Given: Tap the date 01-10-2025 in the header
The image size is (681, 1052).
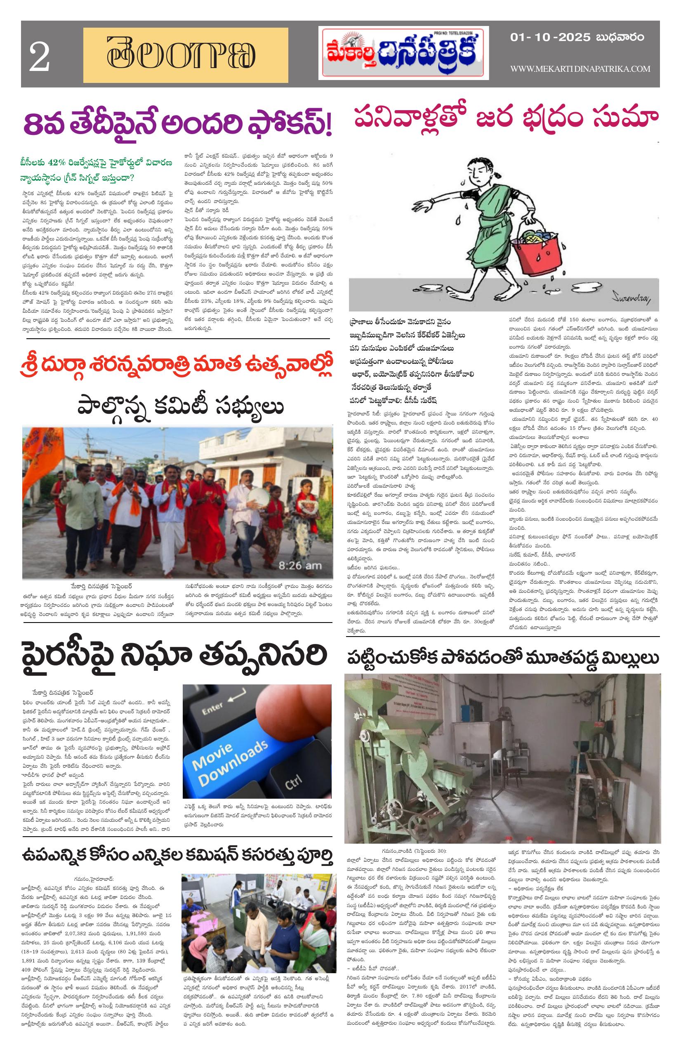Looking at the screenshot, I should tap(550, 37).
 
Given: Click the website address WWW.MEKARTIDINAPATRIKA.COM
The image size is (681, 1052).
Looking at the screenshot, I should tap(580, 68).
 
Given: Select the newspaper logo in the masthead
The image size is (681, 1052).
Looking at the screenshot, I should tap(403, 53).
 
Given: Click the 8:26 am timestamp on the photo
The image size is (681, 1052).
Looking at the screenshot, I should tap(299, 565).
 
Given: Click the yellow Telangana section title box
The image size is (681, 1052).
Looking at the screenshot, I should tap(185, 55).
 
